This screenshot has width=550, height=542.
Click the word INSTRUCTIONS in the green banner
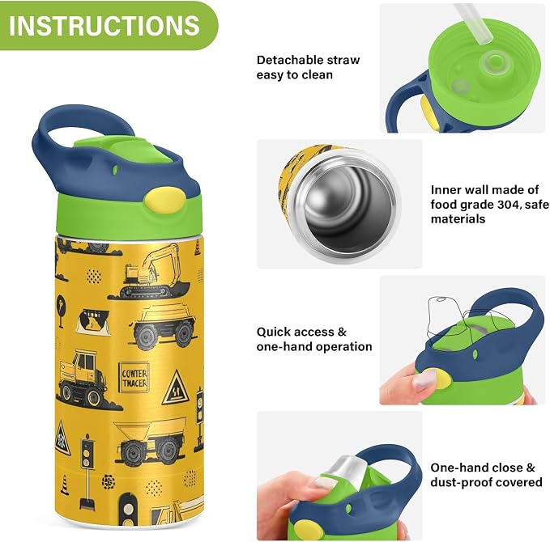click(x=104, y=25)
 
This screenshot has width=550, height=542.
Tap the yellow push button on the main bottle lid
click(x=164, y=200)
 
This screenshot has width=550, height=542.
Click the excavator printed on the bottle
click(x=150, y=273)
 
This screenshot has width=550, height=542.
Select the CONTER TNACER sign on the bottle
click(x=134, y=378)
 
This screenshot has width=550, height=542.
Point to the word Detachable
click(x=288, y=60)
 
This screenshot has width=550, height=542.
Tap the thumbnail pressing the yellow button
click(x=424, y=381)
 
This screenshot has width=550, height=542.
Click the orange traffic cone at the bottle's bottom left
click(x=64, y=485)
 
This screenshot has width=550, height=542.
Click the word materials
click(x=458, y=219)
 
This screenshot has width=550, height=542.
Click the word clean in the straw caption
click(x=317, y=75)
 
